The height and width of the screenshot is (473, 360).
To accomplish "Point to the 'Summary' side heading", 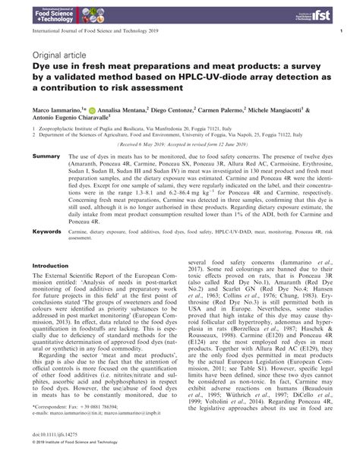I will tap(47, 156).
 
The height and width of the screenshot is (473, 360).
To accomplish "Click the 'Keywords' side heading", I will tap(49, 249).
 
